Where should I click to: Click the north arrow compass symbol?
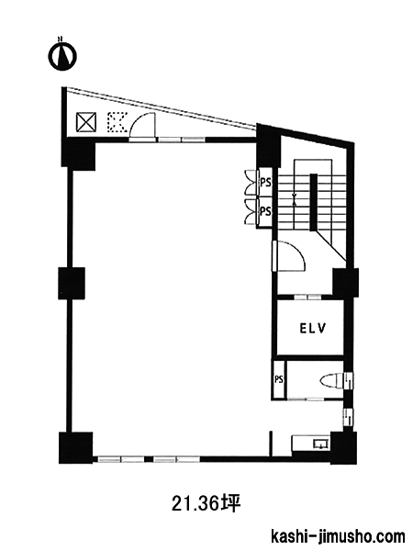pos(62,55)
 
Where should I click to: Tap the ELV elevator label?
pos(313,328)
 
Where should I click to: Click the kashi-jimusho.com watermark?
pos(338,537)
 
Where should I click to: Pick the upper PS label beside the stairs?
pos(266,183)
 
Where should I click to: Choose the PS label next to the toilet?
pos(279,380)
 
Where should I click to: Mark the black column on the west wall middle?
pos(72,283)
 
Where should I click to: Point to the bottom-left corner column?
pos(76,448)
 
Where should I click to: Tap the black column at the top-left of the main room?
pos(78,154)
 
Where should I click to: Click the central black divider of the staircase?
pos(314,202)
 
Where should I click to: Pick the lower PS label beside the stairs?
pos(266,211)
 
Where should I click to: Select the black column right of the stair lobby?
pos(346,282)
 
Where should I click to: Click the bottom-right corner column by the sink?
pos(342,448)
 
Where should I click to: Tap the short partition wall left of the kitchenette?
pos(271,444)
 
